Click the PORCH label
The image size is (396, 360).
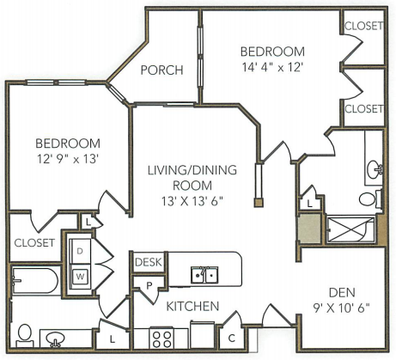[161, 70]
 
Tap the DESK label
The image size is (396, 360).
[149, 262]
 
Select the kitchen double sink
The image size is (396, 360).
[204, 275]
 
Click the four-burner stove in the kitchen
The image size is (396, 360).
[161, 338]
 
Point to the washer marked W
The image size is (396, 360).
[81, 277]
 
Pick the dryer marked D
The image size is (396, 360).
[80, 252]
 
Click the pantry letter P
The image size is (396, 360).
[149, 286]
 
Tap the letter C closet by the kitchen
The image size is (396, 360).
[232, 339]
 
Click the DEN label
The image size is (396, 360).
[342, 292]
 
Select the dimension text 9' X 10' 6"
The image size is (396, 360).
[342, 308]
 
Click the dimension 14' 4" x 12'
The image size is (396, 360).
[272, 68]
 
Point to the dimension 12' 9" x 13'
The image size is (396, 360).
[68, 159]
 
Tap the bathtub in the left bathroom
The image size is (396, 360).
[35, 280]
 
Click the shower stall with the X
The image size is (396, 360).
[350, 229]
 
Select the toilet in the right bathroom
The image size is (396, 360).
[370, 198]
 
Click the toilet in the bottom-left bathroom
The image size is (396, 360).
[24, 336]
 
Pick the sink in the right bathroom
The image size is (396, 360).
[375, 169]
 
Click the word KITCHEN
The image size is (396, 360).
[192, 306]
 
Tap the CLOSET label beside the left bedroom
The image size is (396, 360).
[34, 243]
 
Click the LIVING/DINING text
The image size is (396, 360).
[192, 170]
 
